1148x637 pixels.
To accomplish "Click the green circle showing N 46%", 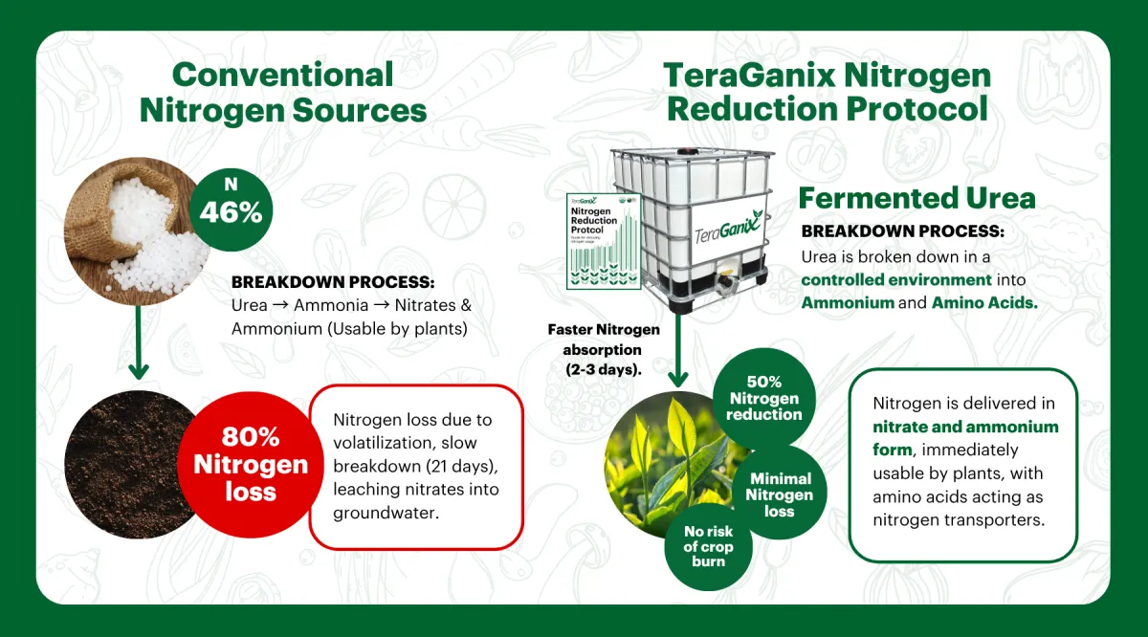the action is point(231,209).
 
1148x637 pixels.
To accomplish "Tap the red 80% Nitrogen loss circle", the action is point(251,465).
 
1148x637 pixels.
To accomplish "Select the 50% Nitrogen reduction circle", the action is point(763,399).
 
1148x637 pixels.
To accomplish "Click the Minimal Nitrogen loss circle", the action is point(780,494).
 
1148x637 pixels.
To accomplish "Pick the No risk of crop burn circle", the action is point(708,547).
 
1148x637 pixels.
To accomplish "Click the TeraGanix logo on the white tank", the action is point(728,229).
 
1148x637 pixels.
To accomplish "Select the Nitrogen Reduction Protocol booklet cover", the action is point(604,241).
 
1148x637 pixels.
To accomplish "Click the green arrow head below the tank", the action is point(678,379).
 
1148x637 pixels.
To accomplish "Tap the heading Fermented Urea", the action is point(916,198).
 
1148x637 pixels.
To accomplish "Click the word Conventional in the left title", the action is point(283,75).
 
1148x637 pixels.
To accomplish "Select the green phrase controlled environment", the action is point(896,280).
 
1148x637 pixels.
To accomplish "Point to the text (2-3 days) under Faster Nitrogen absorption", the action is point(604,369).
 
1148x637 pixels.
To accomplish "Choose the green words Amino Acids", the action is point(984,303).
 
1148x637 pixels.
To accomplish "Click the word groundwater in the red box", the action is point(386,513).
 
